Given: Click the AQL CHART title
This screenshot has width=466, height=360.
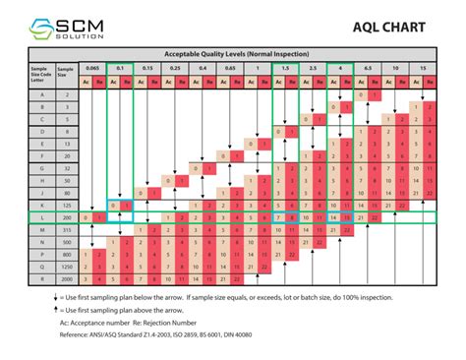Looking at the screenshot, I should tap(388, 28).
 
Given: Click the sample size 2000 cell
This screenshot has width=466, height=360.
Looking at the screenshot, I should tap(64, 278).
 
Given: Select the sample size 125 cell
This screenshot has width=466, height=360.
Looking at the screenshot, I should tap(64, 205).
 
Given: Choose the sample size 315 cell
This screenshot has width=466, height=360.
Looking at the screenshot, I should tap(64, 229).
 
